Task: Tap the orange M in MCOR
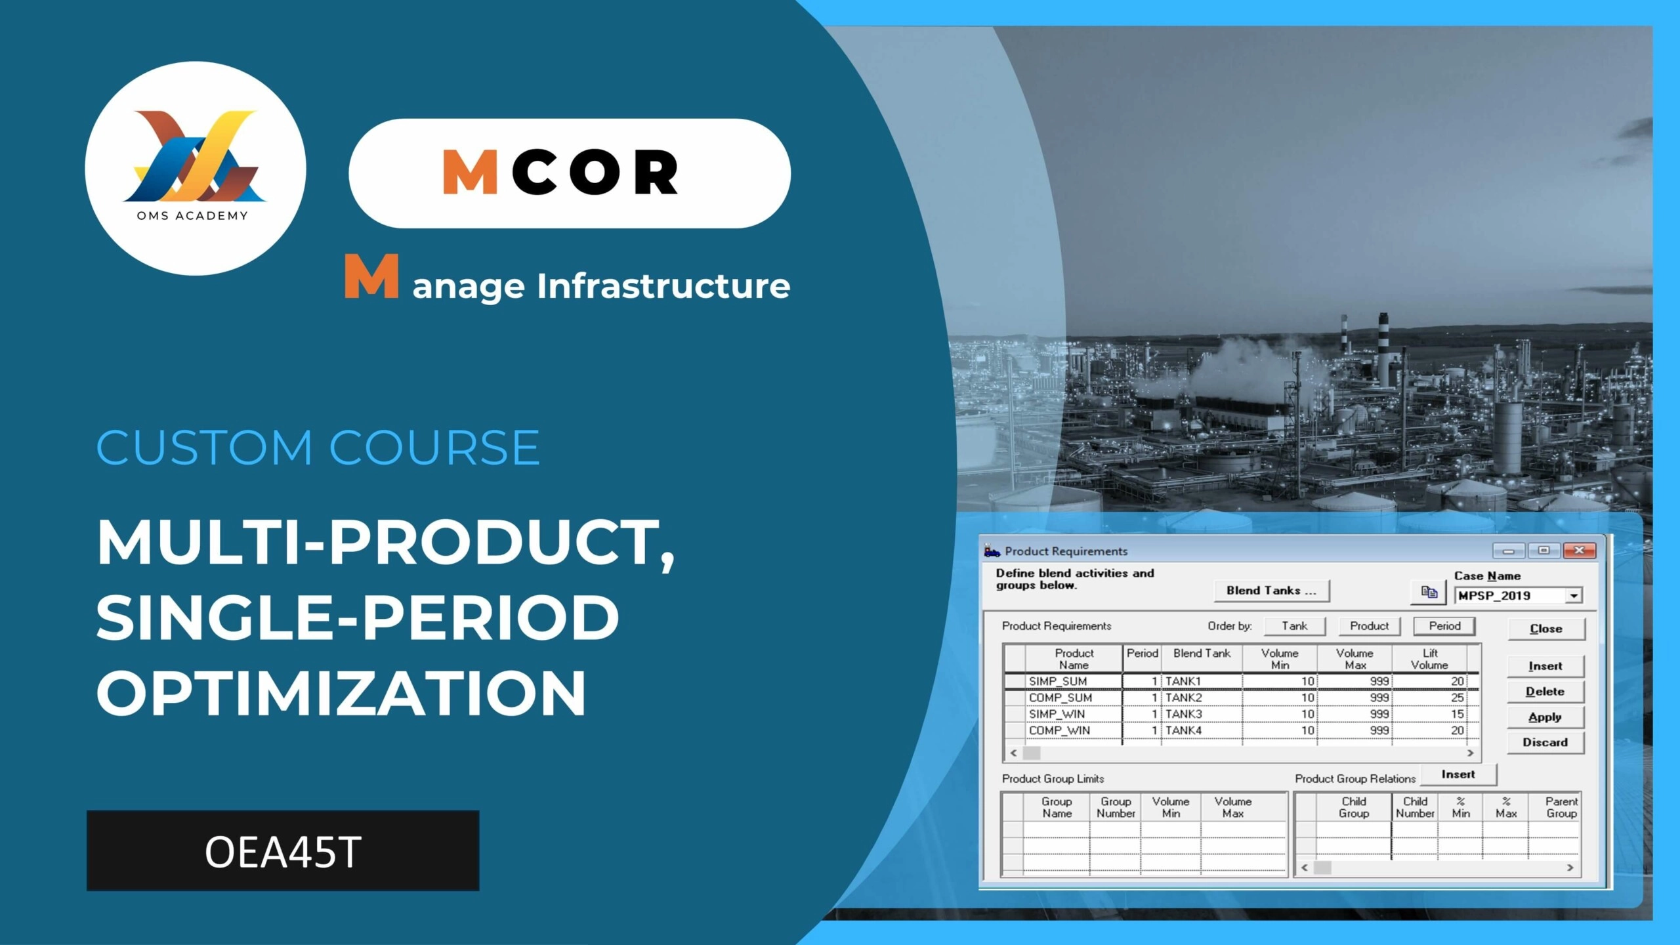[470, 172]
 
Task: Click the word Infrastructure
[663, 285]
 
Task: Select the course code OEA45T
[283, 852]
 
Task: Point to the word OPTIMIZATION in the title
[341, 693]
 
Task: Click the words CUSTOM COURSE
[318, 448]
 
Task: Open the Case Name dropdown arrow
[1574, 596]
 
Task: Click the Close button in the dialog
[1545, 629]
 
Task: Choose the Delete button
[1545, 692]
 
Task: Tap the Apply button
[1545, 717]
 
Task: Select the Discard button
[1545, 743]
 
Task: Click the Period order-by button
[1444, 626]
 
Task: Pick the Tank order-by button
[1294, 626]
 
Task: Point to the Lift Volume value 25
[1457, 698]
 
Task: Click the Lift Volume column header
[1429, 659]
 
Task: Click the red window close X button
[1579, 551]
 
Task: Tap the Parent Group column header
[1561, 807]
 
